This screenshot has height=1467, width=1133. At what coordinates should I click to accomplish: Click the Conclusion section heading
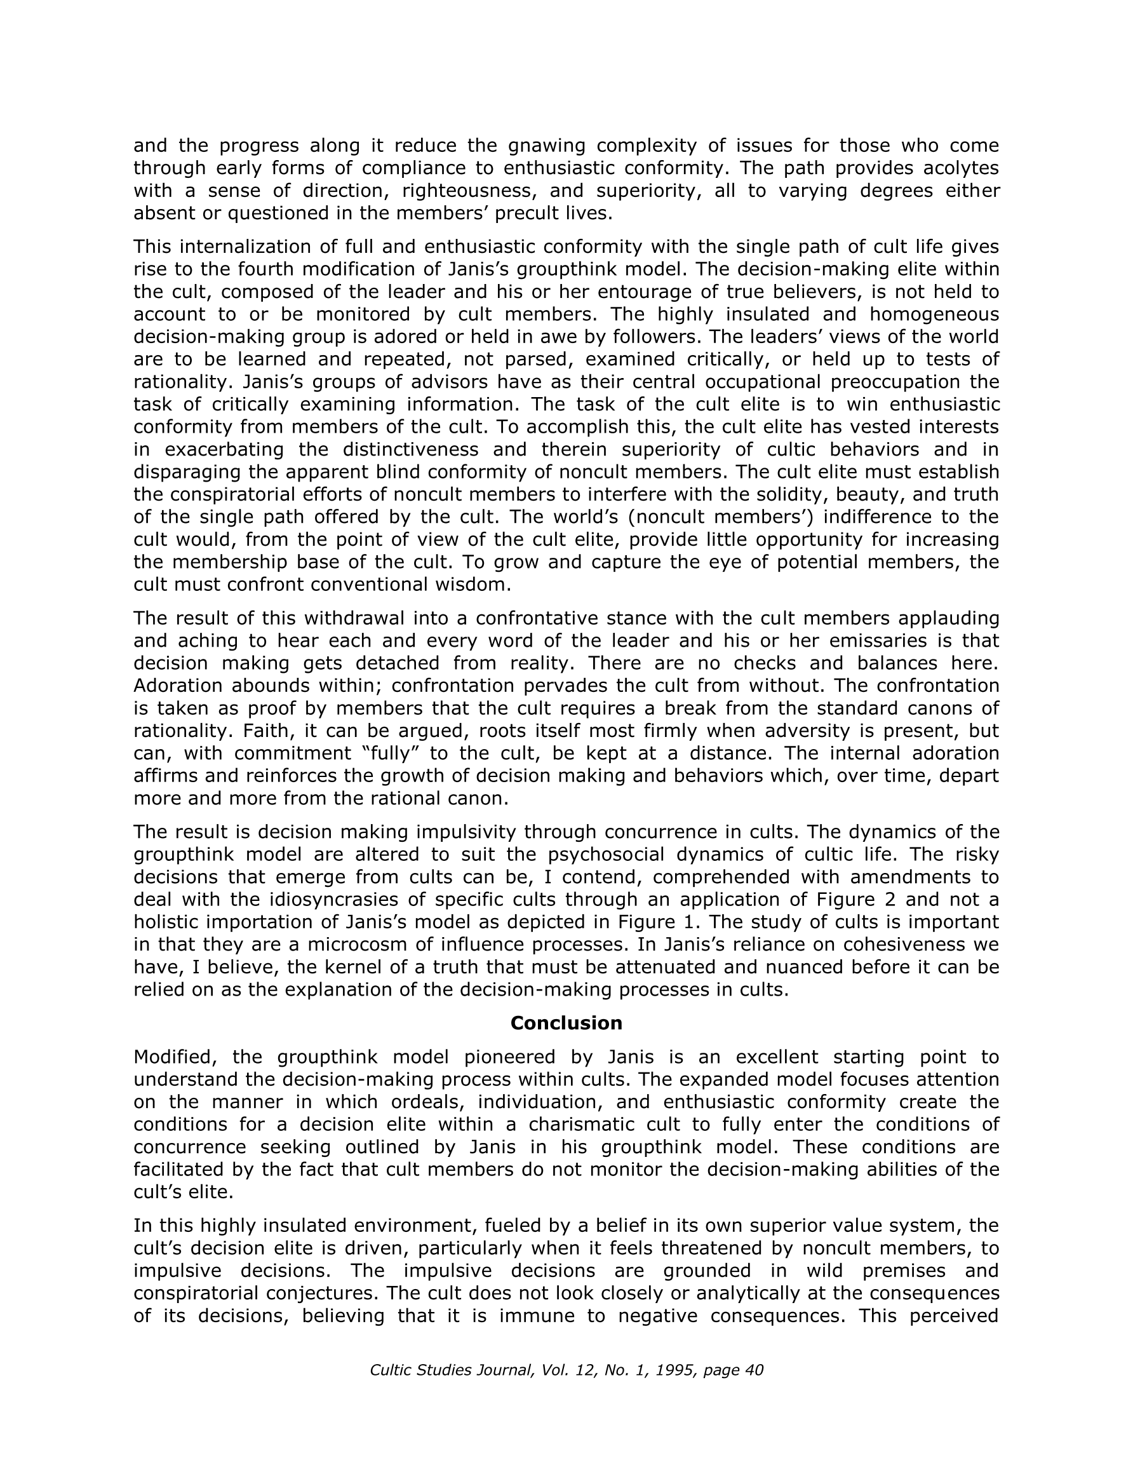(x=566, y=1023)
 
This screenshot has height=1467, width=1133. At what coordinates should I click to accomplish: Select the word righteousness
(x=469, y=191)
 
